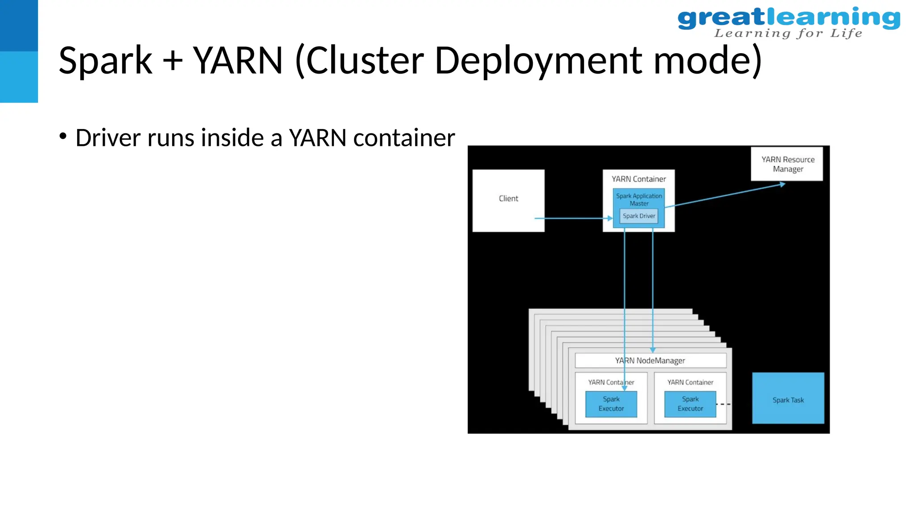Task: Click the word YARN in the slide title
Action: point(238,61)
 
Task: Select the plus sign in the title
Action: point(173,62)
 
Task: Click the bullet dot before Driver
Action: point(63,136)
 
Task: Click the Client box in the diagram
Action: point(508,200)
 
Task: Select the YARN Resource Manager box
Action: point(787,164)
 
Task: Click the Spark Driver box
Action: point(639,216)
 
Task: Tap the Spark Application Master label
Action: point(639,199)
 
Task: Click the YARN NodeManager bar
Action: point(650,361)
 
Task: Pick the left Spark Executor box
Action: point(611,404)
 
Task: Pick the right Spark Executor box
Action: point(690,404)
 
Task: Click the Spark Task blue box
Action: point(788,398)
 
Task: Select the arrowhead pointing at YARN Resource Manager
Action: point(782,184)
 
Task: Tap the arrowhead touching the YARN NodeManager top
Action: point(653,350)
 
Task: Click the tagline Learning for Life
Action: point(788,33)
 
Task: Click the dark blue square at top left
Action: point(19,25)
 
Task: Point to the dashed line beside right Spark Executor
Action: point(723,404)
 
